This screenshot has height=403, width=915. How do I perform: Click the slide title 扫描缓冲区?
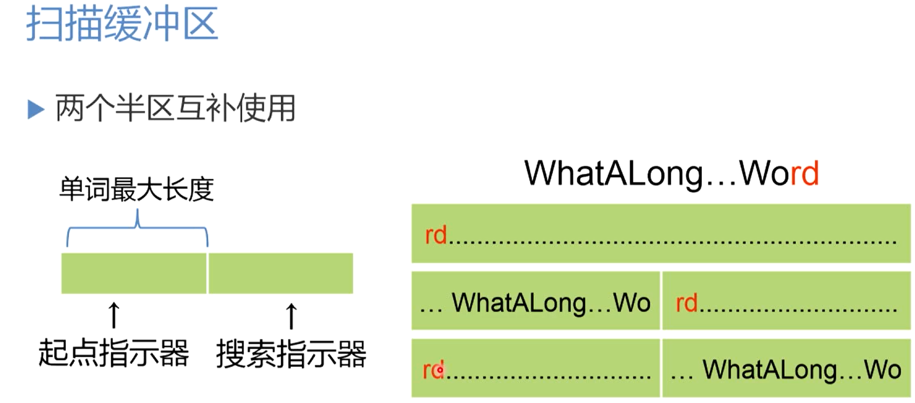[122, 24]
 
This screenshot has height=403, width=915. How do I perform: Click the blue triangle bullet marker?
[36, 110]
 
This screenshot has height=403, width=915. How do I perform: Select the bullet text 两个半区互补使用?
[175, 108]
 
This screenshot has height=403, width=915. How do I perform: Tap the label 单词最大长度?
[136, 189]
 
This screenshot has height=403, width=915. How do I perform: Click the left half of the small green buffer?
[134, 274]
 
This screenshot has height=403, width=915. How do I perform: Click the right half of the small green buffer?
[281, 274]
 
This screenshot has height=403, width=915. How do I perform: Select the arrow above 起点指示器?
[114, 315]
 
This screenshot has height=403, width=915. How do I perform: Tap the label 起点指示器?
[114, 353]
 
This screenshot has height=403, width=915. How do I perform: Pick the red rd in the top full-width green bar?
[436, 235]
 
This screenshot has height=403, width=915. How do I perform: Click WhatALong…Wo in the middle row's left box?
[551, 303]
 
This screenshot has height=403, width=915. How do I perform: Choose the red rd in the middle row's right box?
[686, 303]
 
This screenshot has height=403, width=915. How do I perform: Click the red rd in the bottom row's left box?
[433, 370]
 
